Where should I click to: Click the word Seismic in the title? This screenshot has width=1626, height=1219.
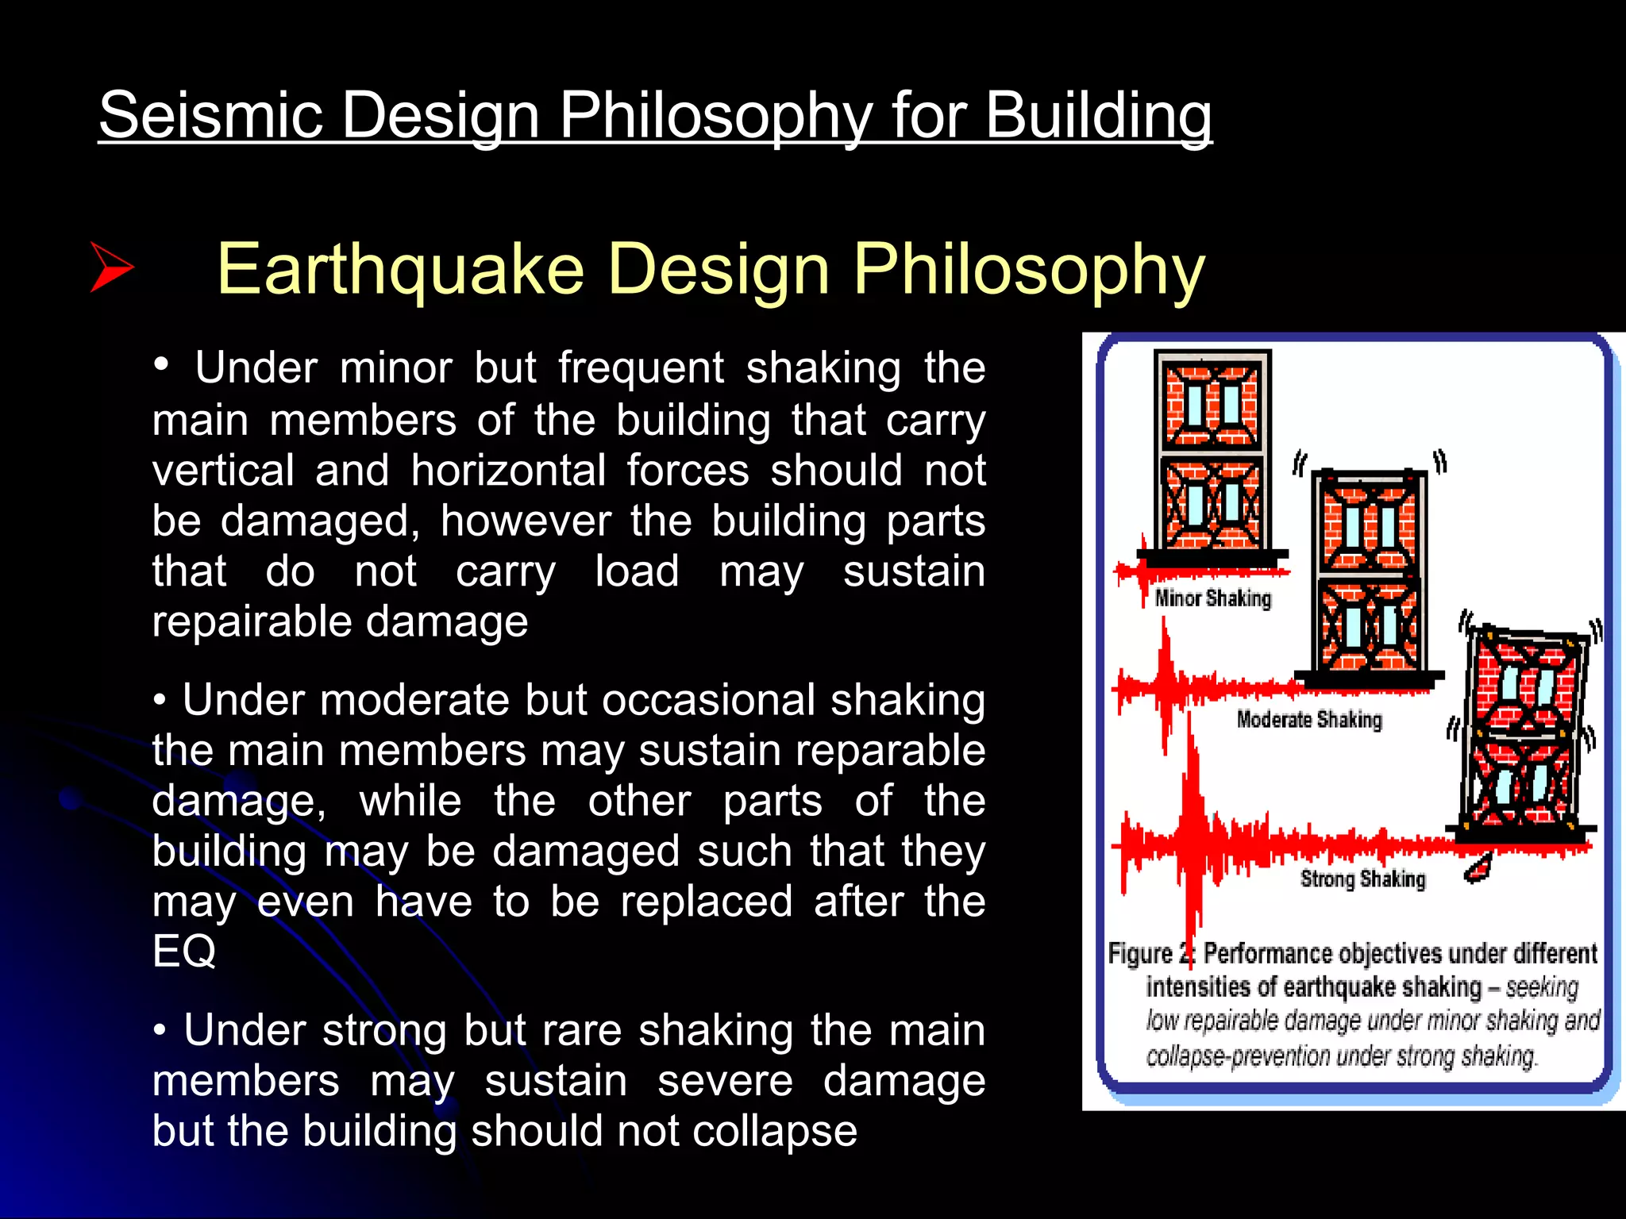pos(211,116)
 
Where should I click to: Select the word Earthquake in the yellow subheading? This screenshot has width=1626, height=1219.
pos(400,270)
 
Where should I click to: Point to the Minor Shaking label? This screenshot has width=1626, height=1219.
pos(1212,598)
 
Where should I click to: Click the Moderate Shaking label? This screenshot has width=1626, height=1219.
pos(1308,720)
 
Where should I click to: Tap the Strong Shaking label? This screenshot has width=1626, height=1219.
pos(1362,879)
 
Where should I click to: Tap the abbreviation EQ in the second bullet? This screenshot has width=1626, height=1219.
pos(183,951)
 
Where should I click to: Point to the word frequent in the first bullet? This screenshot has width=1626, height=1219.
pos(641,368)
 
